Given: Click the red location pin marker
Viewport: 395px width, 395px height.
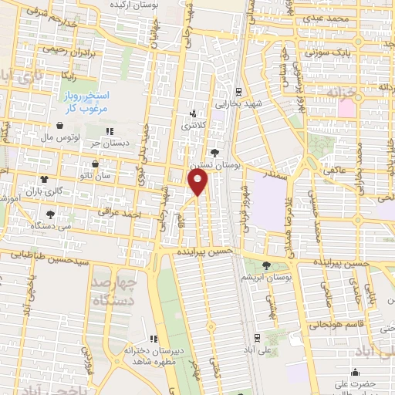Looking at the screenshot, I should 198,181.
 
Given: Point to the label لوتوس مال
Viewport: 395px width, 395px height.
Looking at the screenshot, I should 59,136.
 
